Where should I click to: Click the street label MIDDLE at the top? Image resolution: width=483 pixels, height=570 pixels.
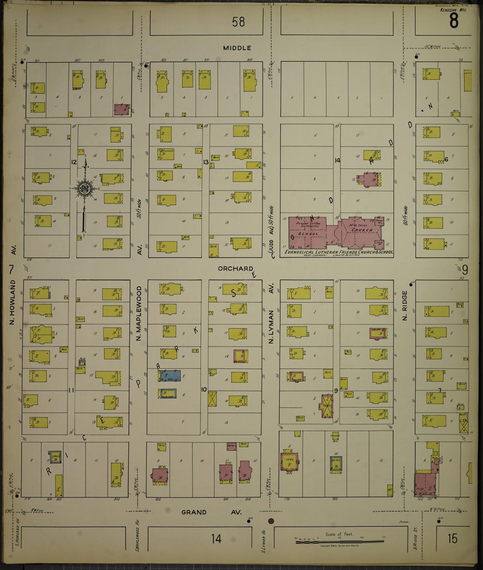point(237,48)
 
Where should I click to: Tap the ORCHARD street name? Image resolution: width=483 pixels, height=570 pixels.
point(235,268)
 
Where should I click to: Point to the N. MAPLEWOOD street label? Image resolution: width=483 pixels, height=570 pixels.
point(139,314)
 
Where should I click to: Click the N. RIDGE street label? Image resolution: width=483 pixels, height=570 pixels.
point(405,306)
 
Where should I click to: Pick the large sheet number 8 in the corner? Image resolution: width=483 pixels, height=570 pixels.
point(454,21)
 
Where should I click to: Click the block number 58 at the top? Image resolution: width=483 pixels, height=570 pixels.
point(238,22)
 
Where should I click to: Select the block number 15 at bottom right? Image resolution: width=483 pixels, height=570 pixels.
point(452,538)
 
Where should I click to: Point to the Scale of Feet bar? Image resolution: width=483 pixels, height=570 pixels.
point(339,542)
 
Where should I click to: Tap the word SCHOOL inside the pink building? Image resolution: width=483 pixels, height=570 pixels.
point(308,234)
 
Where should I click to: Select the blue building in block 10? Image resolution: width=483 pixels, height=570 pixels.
point(170,376)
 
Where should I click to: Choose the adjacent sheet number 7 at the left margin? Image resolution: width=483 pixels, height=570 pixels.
point(12,269)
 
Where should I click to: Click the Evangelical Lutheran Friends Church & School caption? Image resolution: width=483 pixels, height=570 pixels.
point(338,252)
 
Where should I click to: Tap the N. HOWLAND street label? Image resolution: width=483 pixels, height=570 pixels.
point(13,302)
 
